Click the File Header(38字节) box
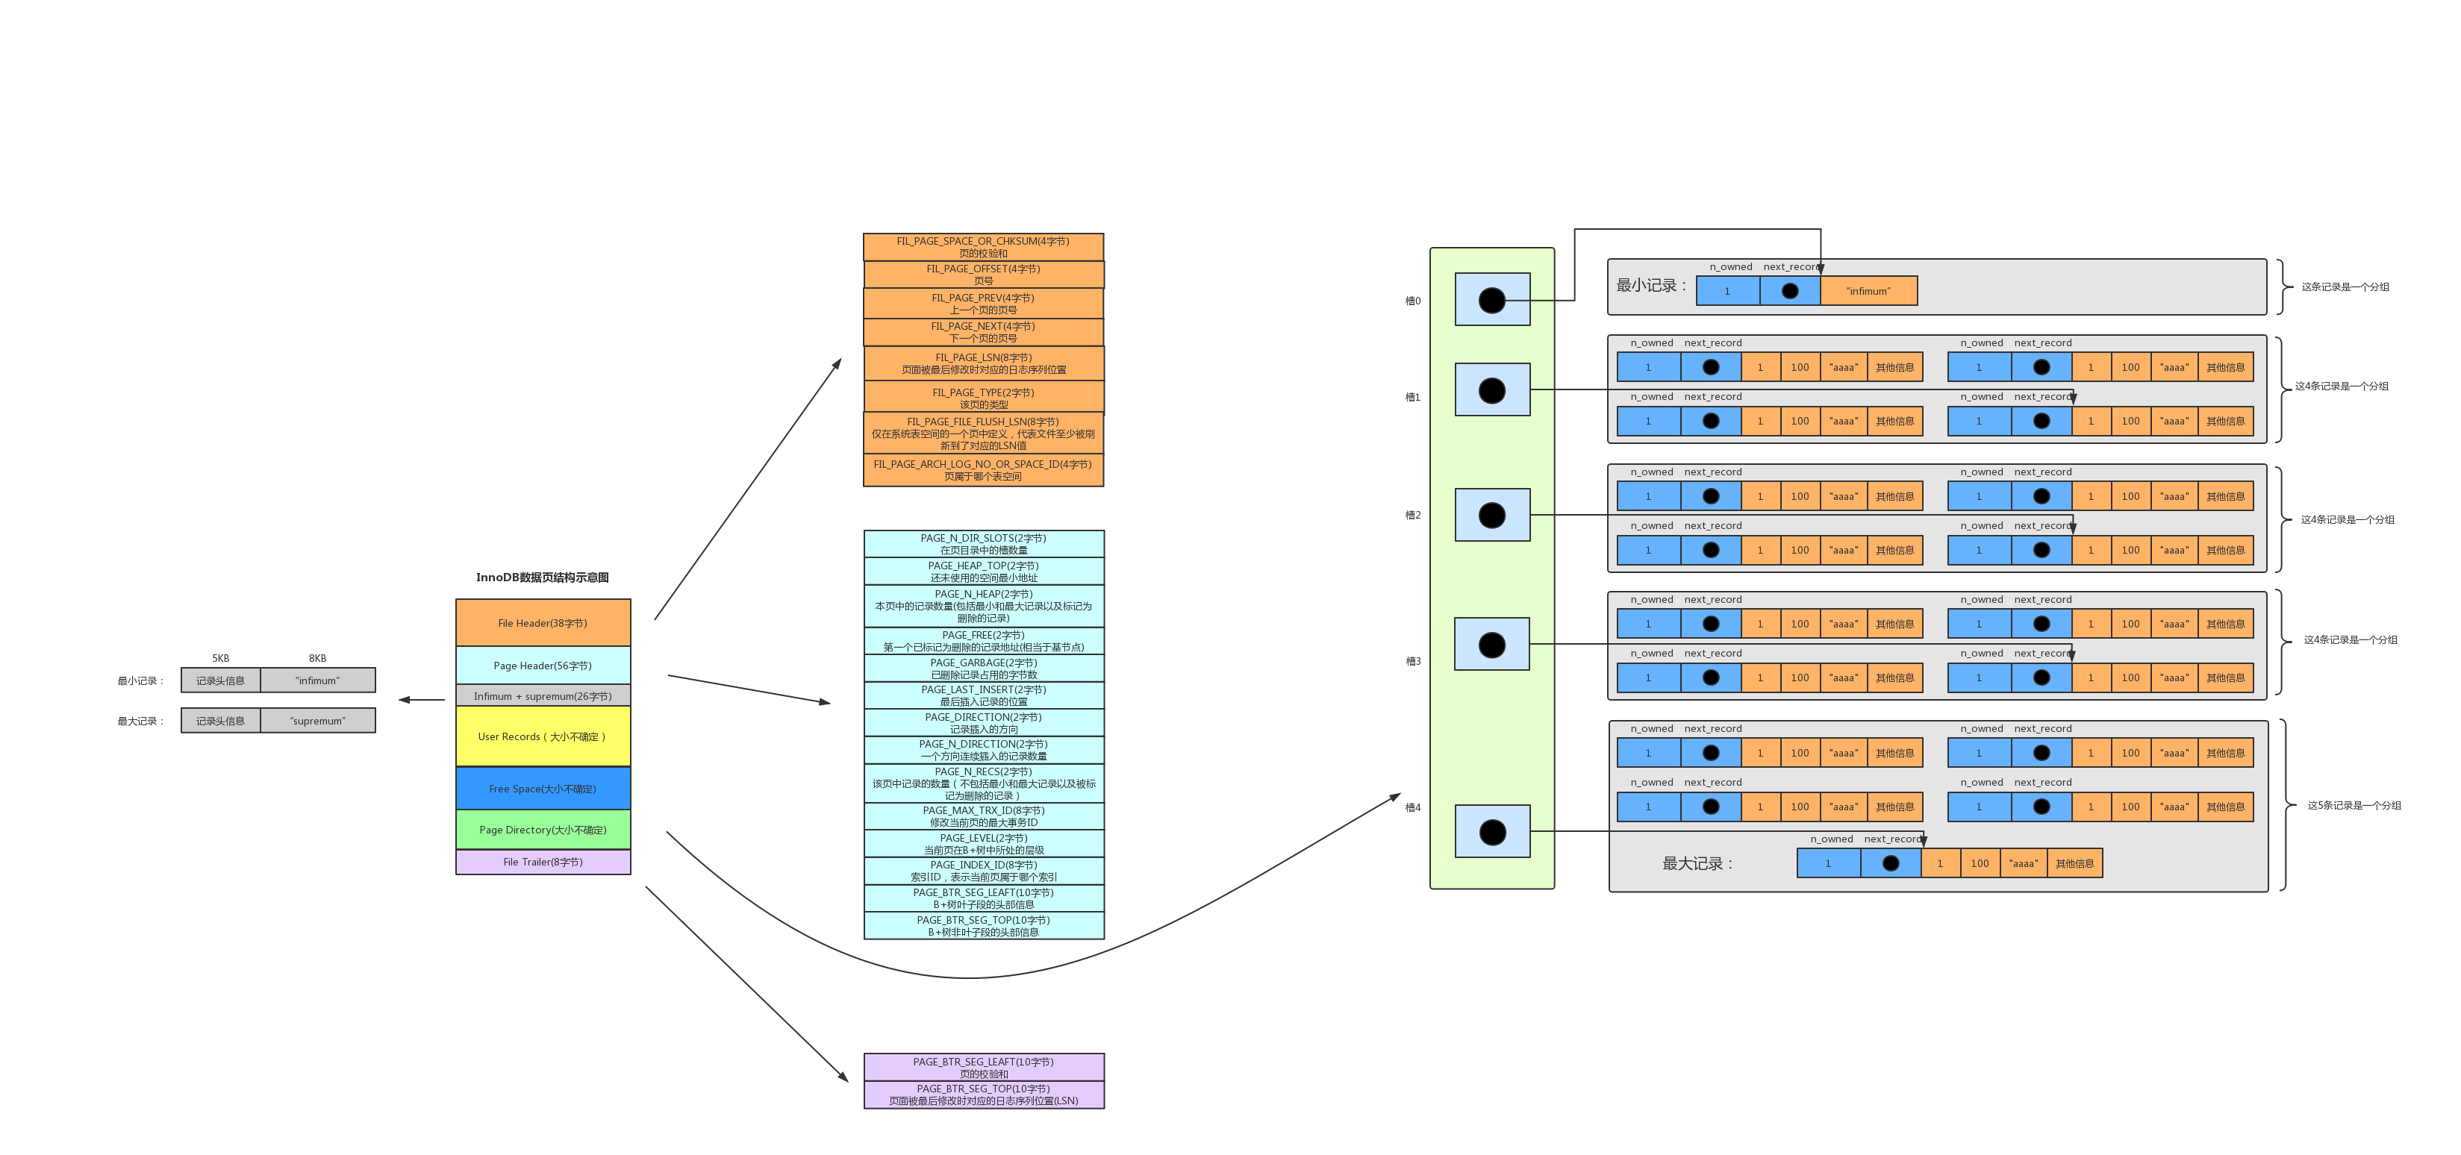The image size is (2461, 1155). pyautogui.click(x=543, y=623)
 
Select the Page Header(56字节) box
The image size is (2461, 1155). pyautogui.click(x=543, y=665)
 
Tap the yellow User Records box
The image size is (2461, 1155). pyautogui.click(x=543, y=736)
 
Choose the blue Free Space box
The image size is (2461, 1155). pyautogui.click(x=543, y=788)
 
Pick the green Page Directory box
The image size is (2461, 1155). pyautogui.click(x=543, y=829)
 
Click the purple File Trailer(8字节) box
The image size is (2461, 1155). pyautogui.click(x=543, y=862)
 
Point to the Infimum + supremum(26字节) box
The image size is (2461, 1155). pyautogui.click(x=543, y=695)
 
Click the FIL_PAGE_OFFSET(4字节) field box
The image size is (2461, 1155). pyautogui.click(x=983, y=274)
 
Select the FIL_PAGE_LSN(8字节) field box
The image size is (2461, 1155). pyautogui.click(x=983, y=363)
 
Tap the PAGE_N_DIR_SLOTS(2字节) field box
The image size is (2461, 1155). pyautogui.click(x=983, y=544)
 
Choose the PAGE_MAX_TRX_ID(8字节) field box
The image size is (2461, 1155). pyautogui.click(x=983, y=816)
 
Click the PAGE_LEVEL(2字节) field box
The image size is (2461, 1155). pyautogui.click(x=983, y=844)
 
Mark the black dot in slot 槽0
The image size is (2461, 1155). pyautogui.click(x=1491, y=300)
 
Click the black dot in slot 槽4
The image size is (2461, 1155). pyautogui.click(x=1492, y=832)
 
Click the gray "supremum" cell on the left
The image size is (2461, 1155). pyautogui.click(x=318, y=720)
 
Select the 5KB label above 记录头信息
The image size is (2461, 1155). pyautogui.click(x=221, y=658)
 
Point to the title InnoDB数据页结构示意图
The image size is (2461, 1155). pyautogui.click(x=542, y=577)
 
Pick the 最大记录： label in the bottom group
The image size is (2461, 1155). pyautogui.click(x=1697, y=863)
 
